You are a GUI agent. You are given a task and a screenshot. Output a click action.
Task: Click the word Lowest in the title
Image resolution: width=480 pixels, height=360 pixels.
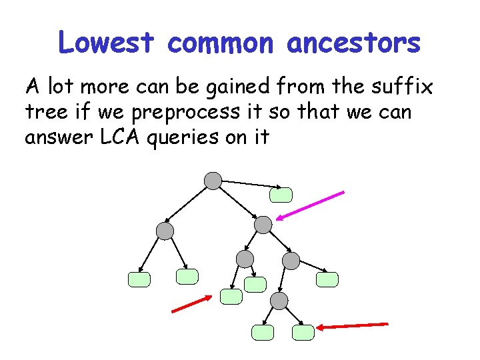[x=107, y=43]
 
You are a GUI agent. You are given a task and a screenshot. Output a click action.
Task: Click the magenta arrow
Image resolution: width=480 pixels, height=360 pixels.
[x=311, y=205]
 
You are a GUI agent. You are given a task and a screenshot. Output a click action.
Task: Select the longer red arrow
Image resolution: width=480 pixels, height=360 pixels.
[x=351, y=325]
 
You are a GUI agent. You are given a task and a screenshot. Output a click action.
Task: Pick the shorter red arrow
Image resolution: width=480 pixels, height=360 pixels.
[x=192, y=304]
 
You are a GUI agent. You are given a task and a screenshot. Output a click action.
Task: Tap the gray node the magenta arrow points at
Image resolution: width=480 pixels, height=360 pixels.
[x=264, y=225]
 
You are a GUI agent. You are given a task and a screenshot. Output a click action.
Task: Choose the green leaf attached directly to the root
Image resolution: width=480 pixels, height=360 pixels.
[x=281, y=194]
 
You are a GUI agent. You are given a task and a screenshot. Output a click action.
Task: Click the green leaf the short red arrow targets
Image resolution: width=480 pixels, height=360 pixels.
[x=231, y=297]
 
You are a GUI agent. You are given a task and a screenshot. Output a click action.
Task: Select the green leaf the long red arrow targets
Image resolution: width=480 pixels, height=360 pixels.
[x=303, y=331]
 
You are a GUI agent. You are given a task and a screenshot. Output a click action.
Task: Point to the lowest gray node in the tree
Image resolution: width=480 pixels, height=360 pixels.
[x=279, y=301]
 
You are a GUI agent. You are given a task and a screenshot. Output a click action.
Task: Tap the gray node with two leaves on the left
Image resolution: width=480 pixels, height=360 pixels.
[x=164, y=231]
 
